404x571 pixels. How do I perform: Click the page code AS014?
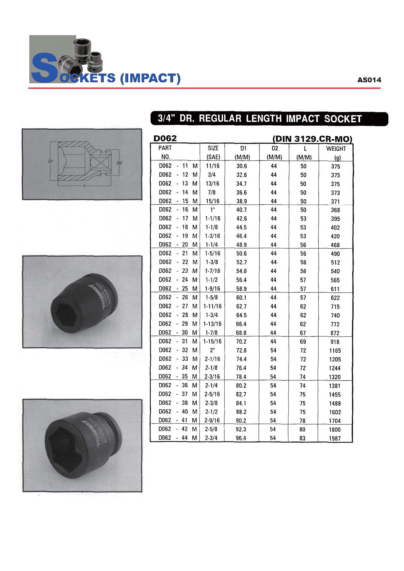(369, 80)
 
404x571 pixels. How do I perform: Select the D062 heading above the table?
(165, 138)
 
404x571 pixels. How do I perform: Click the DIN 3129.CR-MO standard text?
(312, 139)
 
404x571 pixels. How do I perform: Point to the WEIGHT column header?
(336, 149)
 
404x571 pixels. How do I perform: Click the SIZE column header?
(213, 148)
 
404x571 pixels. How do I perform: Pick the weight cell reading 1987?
(335, 438)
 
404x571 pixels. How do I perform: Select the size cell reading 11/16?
(213, 166)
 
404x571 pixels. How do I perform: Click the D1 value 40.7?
(242, 210)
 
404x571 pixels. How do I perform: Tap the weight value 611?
(335, 289)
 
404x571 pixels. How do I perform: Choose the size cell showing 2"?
(212, 350)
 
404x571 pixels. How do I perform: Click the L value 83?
(302, 438)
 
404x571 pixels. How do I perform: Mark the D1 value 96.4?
(241, 438)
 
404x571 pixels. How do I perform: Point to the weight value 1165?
(335, 351)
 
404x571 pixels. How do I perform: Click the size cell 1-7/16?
(212, 271)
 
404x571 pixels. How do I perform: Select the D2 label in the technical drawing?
(119, 162)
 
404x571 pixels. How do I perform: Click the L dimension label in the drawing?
(85, 186)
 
